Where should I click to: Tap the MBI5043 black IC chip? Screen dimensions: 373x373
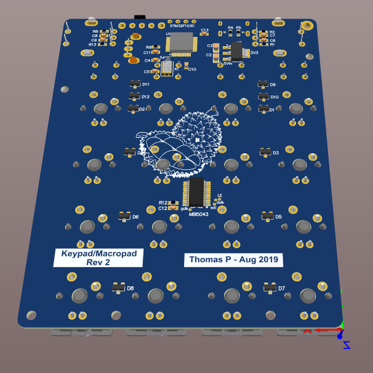(195, 191)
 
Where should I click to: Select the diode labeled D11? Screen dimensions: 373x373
(135, 84)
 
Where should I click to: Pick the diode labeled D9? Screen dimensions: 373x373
(263, 84)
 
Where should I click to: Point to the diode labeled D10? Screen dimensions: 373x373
(264, 96)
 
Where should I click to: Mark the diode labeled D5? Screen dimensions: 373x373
(268, 216)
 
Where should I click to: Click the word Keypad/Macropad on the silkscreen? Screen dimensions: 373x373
(98, 254)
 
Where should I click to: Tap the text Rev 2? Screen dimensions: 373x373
(98, 262)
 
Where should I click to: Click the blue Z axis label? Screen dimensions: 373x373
(347, 345)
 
